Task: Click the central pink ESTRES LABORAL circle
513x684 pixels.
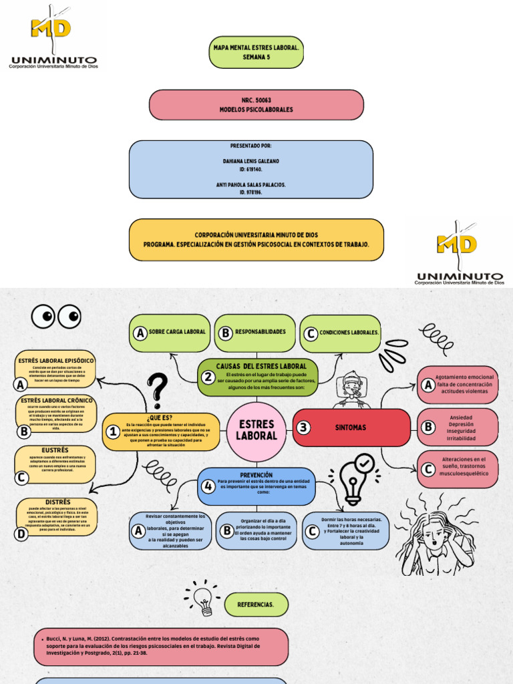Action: point(256,430)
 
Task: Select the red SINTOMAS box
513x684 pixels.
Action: point(351,427)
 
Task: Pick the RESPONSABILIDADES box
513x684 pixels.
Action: point(256,332)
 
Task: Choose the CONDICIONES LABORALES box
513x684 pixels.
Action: point(341,333)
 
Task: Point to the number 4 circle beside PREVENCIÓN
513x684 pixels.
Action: point(208,486)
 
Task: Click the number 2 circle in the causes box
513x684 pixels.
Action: point(208,377)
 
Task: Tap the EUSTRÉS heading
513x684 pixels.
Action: point(55,451)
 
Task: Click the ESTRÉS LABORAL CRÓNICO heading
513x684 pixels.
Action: point(57,401)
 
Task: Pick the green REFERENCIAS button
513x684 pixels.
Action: point(256,604)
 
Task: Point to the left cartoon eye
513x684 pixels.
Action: point(45,315)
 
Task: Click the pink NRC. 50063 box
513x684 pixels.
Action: point(256,105)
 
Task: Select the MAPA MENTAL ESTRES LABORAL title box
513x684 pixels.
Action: point(256,52)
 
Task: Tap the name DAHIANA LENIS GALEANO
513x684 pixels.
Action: point(251,162)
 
